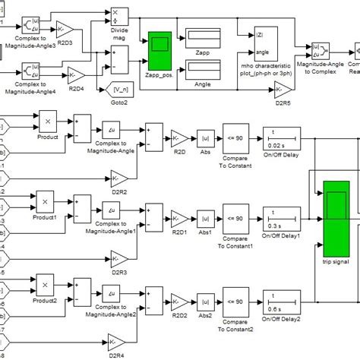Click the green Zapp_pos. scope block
[160, 47]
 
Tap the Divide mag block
[116, 16]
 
